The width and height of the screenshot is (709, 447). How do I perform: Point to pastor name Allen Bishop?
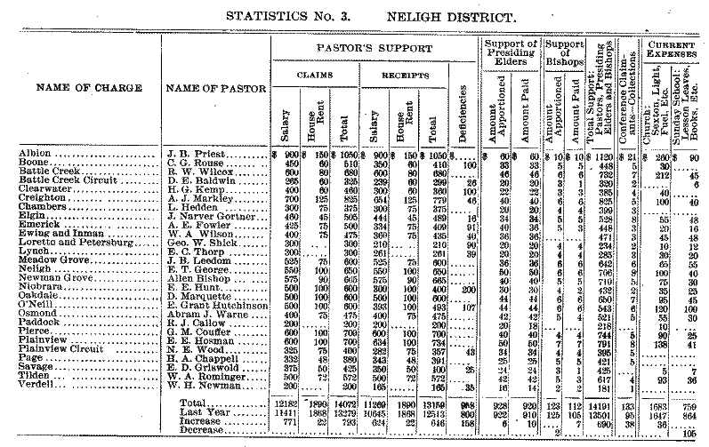193,279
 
